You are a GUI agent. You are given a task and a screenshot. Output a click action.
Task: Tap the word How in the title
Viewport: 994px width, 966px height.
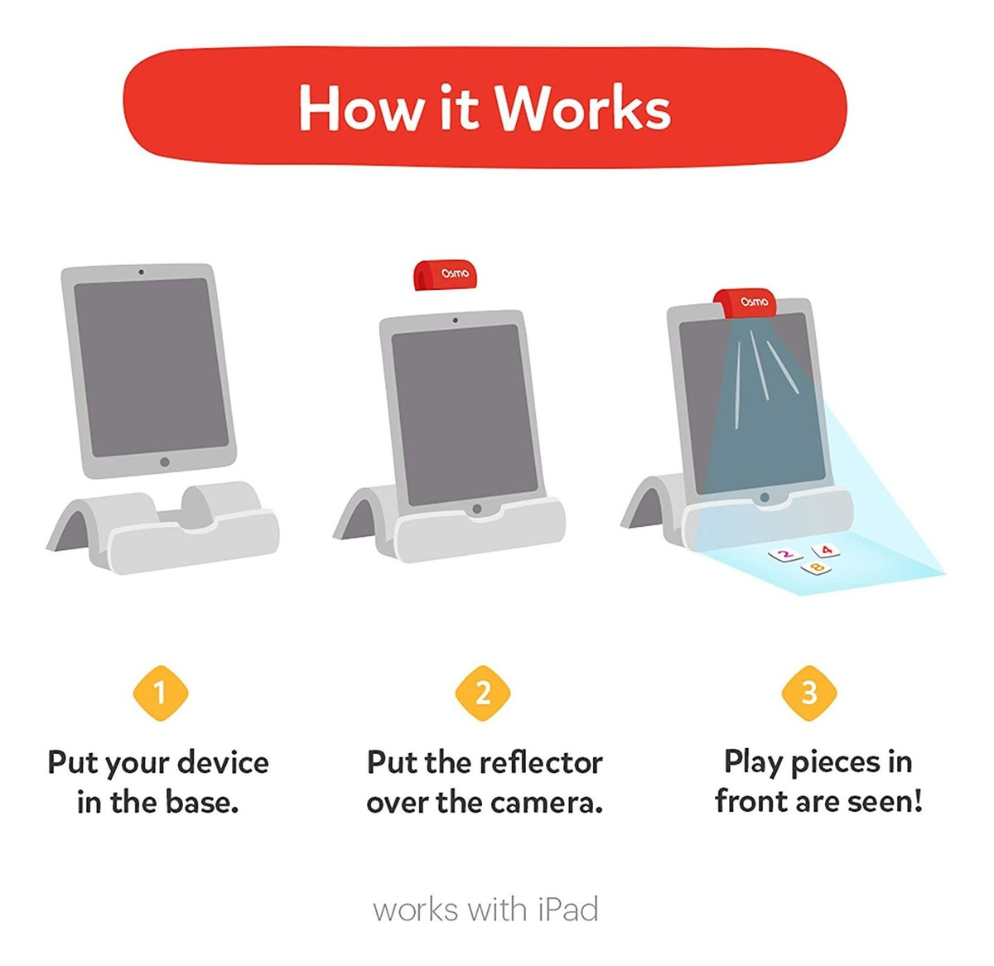point(359,108)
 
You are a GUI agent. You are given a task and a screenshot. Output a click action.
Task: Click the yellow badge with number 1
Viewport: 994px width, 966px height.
point(161,693)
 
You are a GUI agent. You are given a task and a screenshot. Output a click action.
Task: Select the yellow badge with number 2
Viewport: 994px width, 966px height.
point(484,693)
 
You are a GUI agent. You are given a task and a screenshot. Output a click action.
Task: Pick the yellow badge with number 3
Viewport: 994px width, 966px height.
point(809,693)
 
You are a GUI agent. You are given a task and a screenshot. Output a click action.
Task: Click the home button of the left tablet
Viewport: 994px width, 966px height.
point(165,462)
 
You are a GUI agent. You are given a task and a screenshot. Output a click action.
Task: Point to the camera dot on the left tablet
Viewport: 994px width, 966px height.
point(141,272)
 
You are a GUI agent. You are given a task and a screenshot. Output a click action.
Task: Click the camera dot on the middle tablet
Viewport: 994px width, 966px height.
point(455,320)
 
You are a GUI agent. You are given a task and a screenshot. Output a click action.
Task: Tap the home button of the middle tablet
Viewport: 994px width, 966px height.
point(476,509)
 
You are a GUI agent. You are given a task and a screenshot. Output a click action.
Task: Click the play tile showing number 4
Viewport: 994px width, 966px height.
point(826,549)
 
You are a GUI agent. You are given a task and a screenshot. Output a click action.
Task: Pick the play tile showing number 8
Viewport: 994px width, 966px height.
point(815,568)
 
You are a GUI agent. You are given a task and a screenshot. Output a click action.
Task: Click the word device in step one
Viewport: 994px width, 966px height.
point(224,762)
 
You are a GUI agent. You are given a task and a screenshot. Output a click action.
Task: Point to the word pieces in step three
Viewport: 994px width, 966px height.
point(836,762)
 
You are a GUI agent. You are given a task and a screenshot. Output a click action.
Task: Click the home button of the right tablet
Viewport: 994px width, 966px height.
point(765,498)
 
